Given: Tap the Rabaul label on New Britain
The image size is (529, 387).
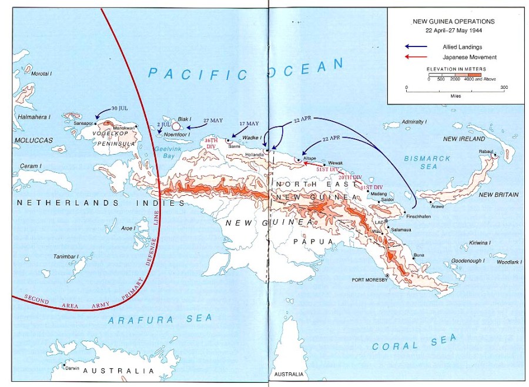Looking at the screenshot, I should pos(486,150).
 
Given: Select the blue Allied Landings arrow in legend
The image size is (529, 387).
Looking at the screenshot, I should pos(416,46).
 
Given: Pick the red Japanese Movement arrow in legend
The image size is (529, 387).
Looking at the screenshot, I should pos(416,57).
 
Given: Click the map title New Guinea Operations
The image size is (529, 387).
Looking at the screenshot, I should pos(453,21).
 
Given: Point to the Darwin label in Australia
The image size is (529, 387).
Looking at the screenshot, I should pos(72,368).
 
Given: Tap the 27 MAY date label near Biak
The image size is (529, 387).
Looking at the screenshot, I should pos(214,119).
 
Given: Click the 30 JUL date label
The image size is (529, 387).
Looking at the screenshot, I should pos(119,108).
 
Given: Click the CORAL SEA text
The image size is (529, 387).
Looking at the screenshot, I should pos(414,342).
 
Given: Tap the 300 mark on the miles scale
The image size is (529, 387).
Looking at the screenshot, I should pos(504,87).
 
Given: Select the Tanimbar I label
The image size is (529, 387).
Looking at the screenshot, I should pos(66,256).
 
